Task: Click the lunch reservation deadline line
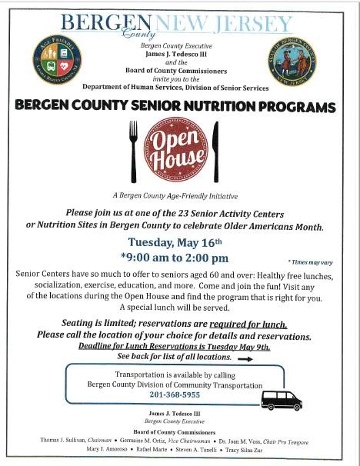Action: [175, 347]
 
